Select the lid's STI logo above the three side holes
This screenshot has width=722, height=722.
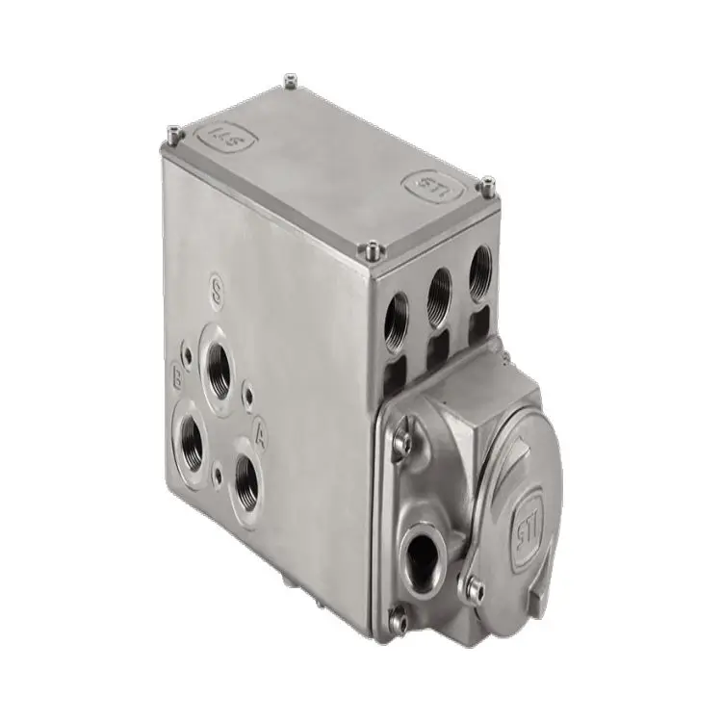pos(427,183)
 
